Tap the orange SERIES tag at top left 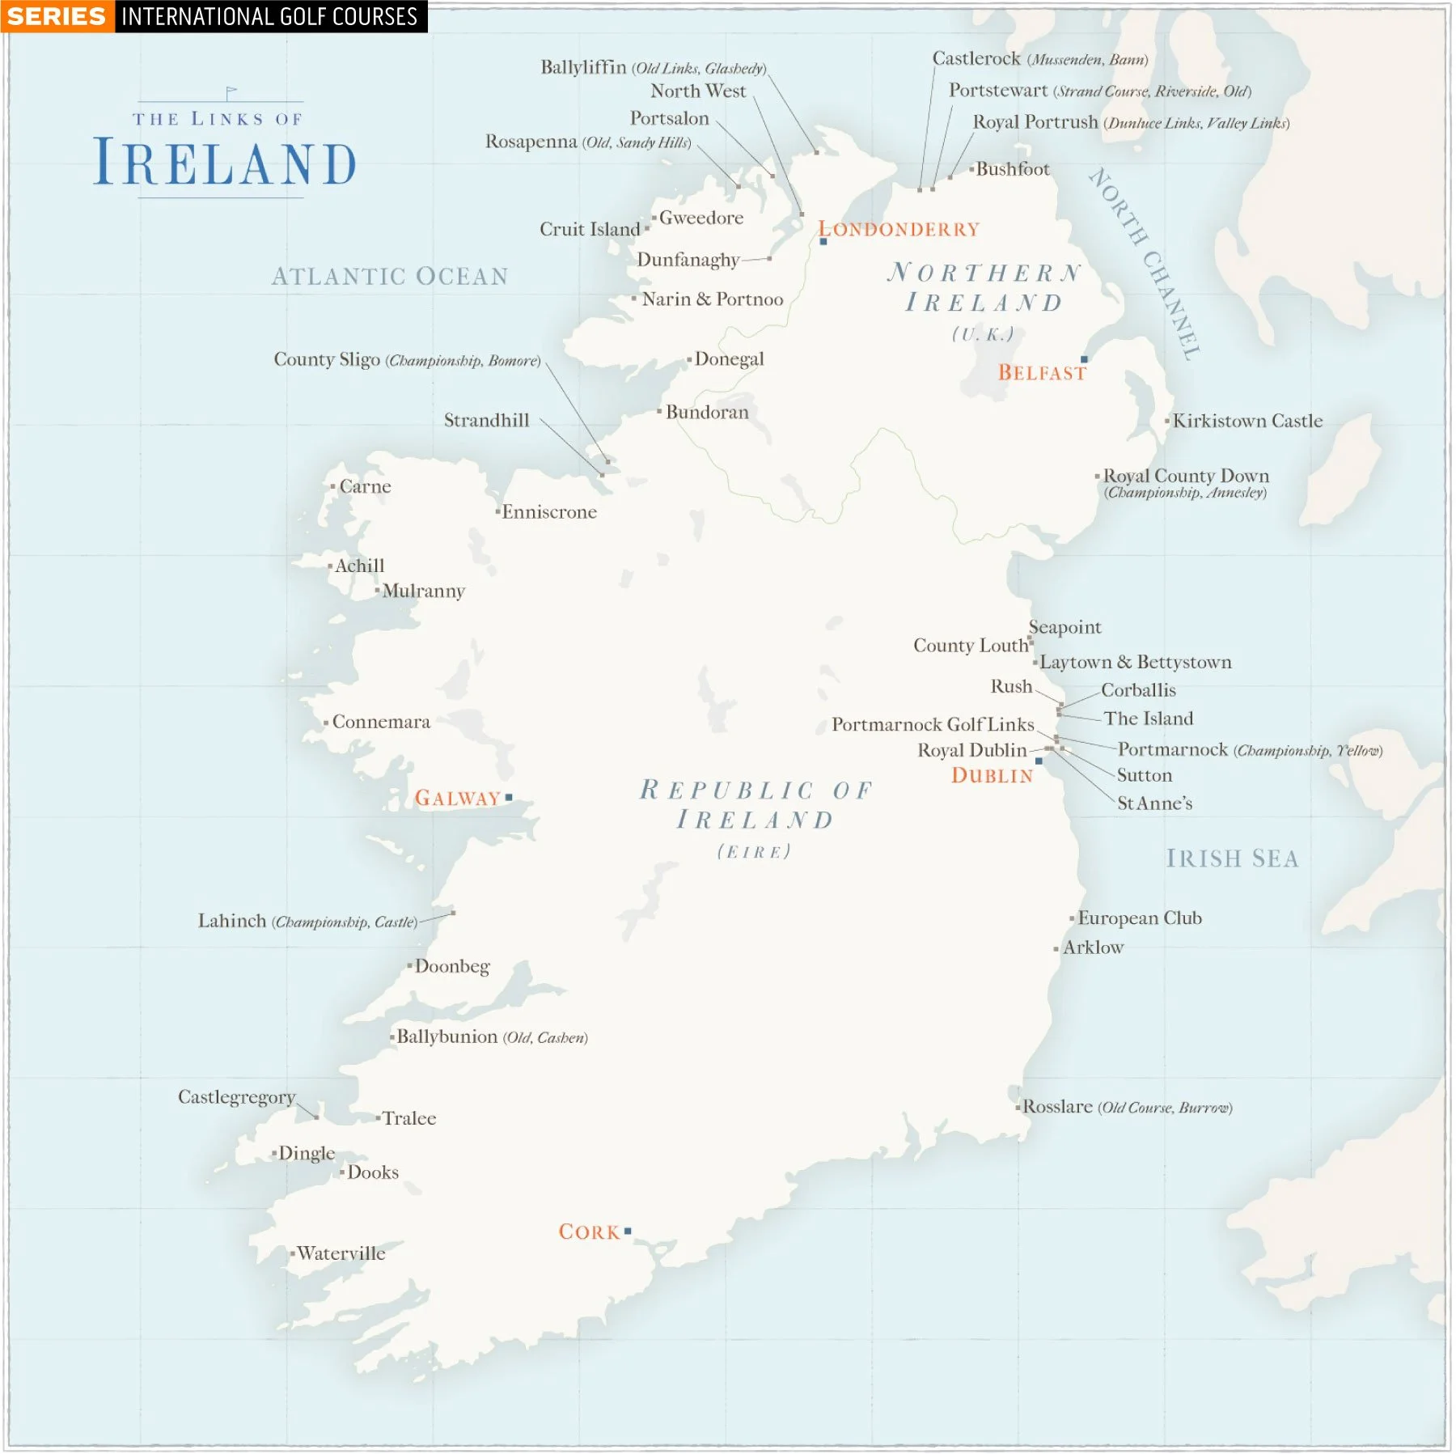pyautogui.click(x=57, y=16)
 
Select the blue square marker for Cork pyautogui.click(x=628, y=1231)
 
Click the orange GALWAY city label pyautogui.click(x=457, y=799)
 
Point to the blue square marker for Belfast pyautogui.click(x=1084, y=359)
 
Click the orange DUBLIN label pyautogui.click(x=992, y=776)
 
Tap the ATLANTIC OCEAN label pyautogui.click(x=390, y=277)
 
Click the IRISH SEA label pyautogui.click(x=1231, y=858)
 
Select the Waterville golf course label pyautogui.click(x=341, y=1253)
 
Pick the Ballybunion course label pyautogui.click(x=447, y=1036)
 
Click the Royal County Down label pyautogui.click(x=1185, y=476)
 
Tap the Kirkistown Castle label pyautogui.click(x=1247, y=421)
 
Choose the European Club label pyautogui.click(x=1139, y=918)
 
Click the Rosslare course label pyautogui.click(x=1057, y=1106)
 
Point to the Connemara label pyautogui.click(x=380, y=722)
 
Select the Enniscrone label pyautogui.click(x=548, y=512)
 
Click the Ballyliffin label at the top pyautogui.click(x=583, y=67)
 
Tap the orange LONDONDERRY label pyautogui.click(x=899, y=230)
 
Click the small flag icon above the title pyautogui.click(x=231, y=93)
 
